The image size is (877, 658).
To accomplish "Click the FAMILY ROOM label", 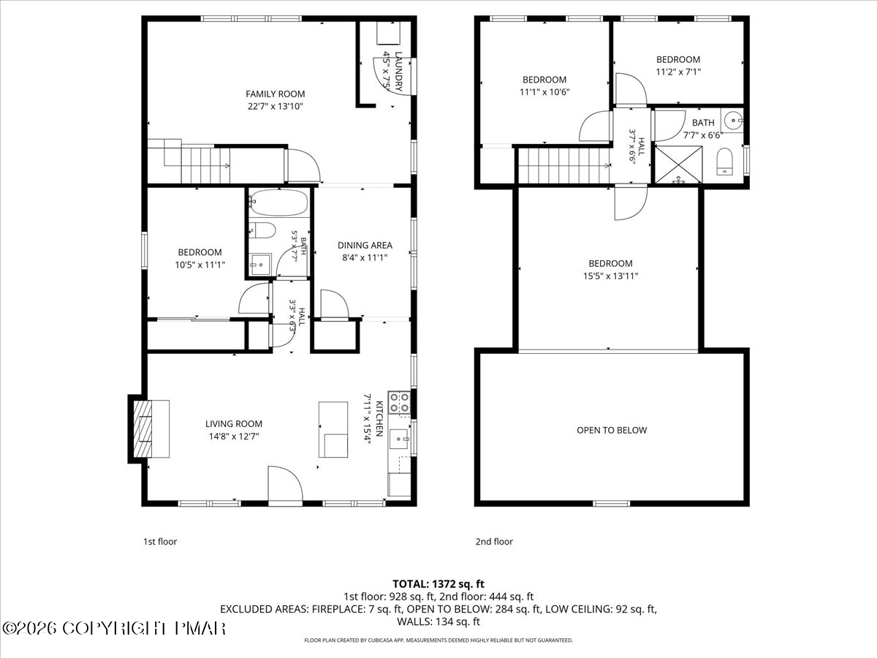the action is (x=276, y=94).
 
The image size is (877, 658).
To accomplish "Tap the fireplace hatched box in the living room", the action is (x=143, y=428).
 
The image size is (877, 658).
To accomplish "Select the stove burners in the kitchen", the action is (x=400, y=403).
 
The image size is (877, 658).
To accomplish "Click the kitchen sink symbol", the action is (x=399, y=439).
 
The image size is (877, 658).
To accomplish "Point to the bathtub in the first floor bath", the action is (x=279, y=203).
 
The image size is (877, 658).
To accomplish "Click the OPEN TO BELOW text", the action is (x=612, y=431).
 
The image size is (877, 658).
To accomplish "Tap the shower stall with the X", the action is (x=679, y=165).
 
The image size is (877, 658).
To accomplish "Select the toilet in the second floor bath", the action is (x=724, y=162).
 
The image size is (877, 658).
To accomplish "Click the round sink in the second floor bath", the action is (x=733, y=119).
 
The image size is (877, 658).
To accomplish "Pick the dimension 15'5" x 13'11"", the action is (x=610, y=276).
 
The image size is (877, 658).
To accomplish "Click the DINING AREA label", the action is (x=365, y=246).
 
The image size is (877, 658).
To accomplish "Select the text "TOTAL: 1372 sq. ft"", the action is (x=438, y=584).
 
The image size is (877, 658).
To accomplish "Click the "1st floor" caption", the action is (x=160, y=541).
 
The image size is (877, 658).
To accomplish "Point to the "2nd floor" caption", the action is (x=494, y=541).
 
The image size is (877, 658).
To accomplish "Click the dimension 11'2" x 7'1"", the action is (x=678, y=72).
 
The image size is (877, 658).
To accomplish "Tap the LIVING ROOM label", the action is (x=234, y=424).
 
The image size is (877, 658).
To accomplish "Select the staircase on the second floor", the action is (x=564, y=165).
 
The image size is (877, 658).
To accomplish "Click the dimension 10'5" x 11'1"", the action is (x=200, y=265).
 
